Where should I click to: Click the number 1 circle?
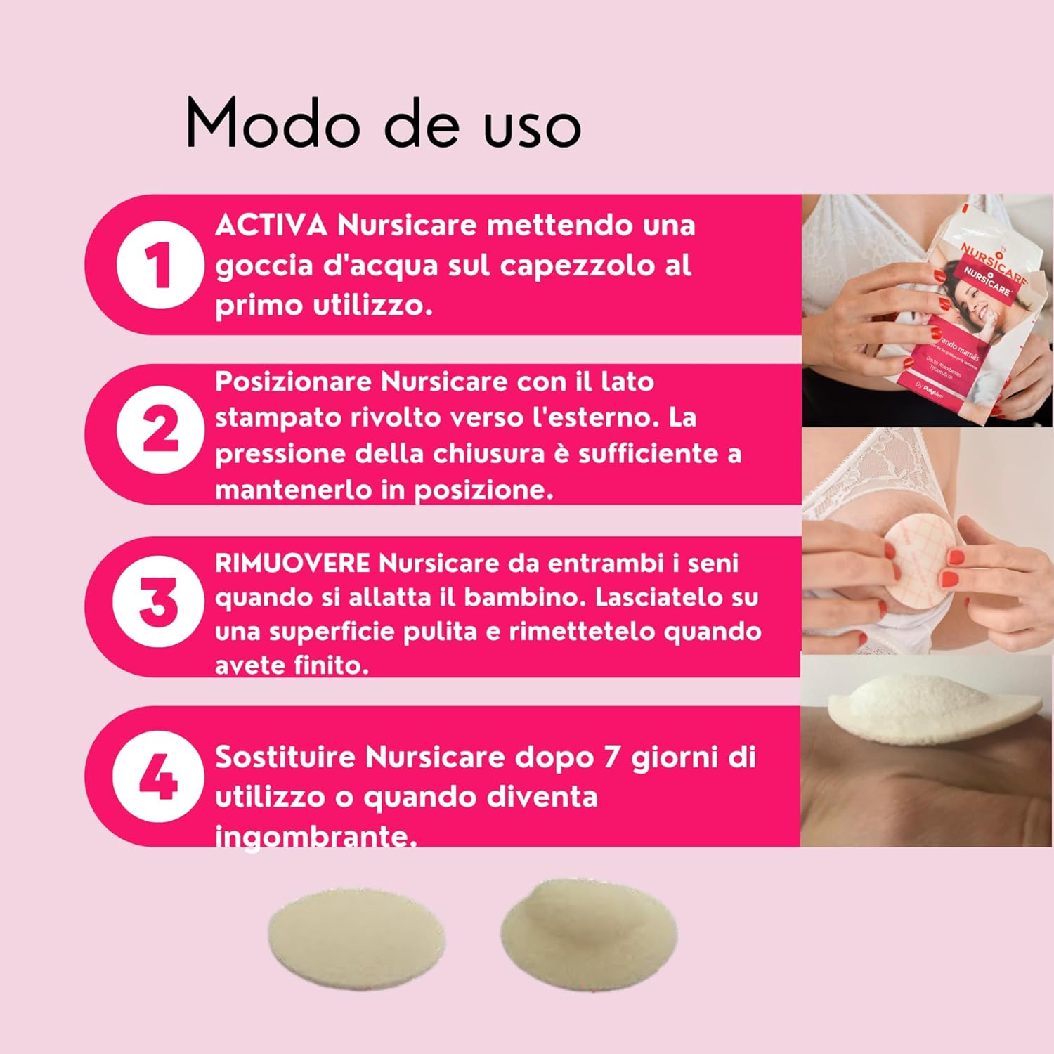[160, 265]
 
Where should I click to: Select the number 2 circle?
[160, 429]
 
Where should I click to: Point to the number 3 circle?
[159, 601]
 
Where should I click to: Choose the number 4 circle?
[159, 776]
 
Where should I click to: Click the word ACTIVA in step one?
[271, 226]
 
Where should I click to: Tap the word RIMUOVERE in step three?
[292, 563]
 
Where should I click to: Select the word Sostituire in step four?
[285, 757]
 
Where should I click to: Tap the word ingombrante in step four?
[315, 836]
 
